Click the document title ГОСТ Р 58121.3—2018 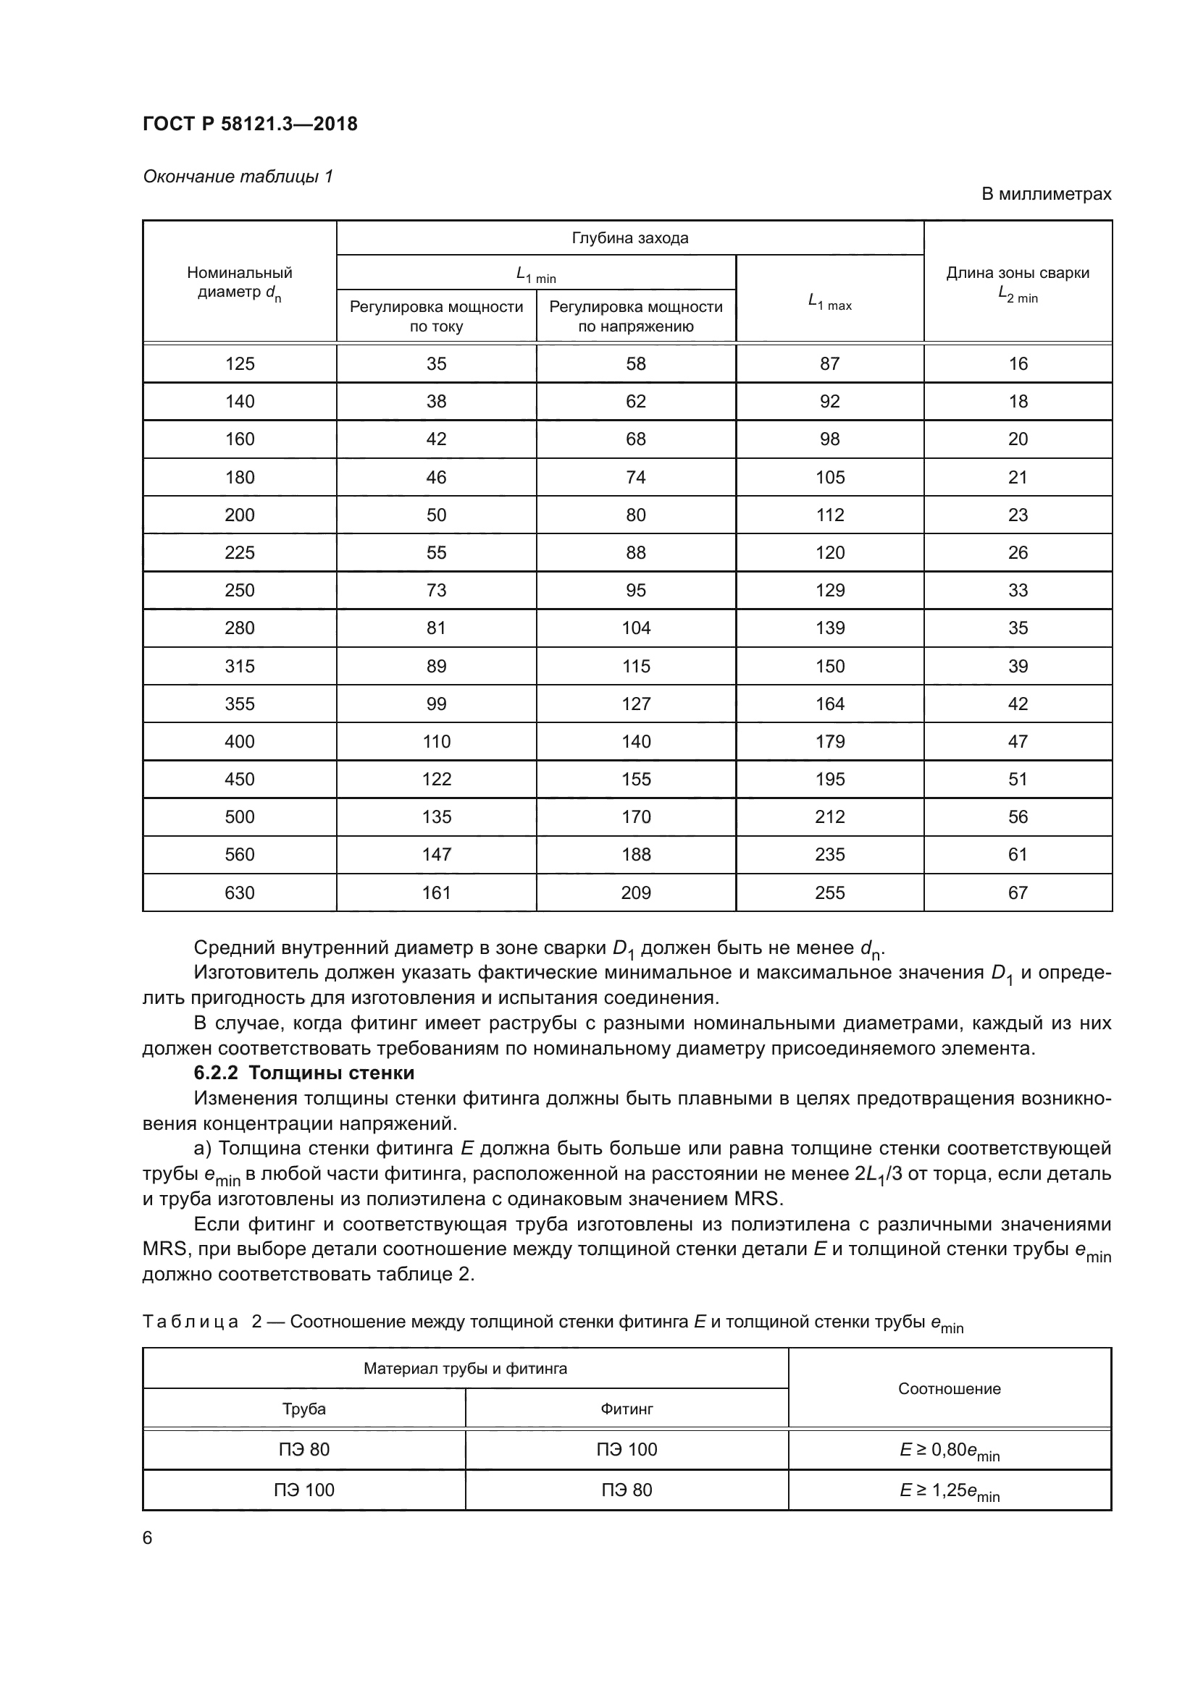coord(250,124)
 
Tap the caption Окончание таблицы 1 coord(238,176)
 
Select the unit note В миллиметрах coord(1045,194)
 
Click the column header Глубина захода coord(630,238)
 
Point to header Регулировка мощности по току coord(436,316)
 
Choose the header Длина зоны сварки coord(1017,273)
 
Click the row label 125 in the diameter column coord(240,363)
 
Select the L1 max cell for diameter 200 coord(830,515)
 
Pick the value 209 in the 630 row coord(636,893)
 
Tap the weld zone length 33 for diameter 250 coord(1017,590)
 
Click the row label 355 coord(240,704)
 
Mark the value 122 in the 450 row coord(436,780)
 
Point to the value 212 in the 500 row coord(830,817)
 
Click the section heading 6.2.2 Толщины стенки coord(304,1073)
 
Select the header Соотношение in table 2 coord(950,1389)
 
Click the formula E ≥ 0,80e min coord(950,1451)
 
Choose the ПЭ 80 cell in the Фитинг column coord(627,1490)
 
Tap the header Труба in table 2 coord(304,1409)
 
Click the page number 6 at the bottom coord(148,1538)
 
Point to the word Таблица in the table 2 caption coord(190,1322)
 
